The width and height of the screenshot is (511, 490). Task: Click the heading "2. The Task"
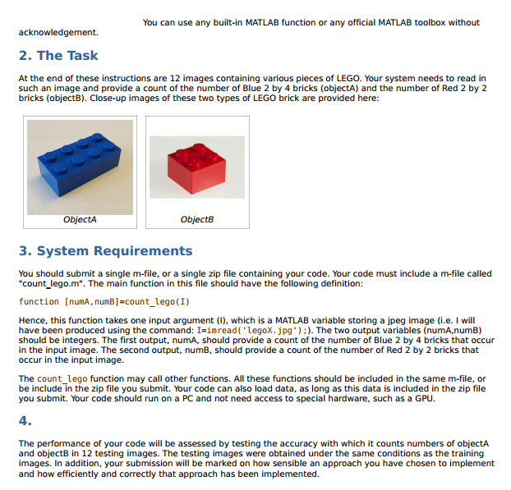pyautogui.click(x=58, y=56)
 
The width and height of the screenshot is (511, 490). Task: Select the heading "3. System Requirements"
pyautogui.click(x=105, y=251)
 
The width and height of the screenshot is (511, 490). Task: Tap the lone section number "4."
pyautogui.click(x=25, y=421)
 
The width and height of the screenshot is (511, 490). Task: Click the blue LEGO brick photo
pyautogui.click(x=80, y=167)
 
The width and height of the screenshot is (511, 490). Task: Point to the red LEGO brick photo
pyautogui.click(x=196, y=167)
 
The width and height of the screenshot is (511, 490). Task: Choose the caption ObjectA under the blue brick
pyautogui.click(x=80, y=220)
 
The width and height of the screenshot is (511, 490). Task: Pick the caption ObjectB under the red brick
pyautogui.click(x=196, y=220)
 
